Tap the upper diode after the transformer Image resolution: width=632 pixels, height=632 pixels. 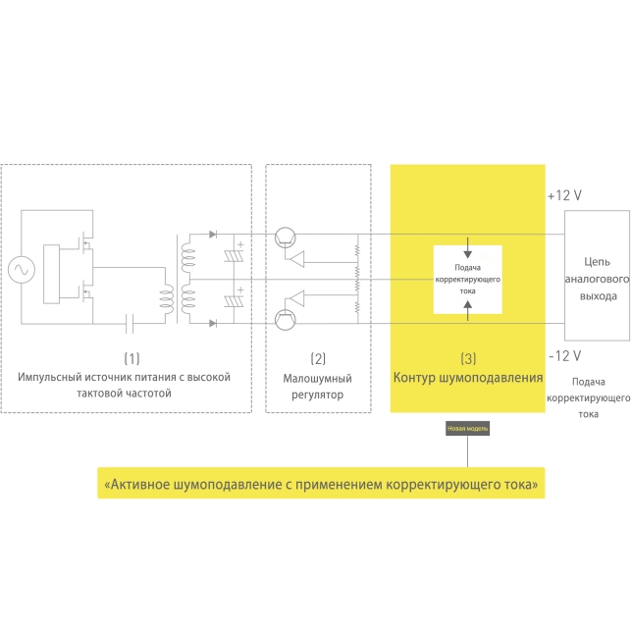(213, 236)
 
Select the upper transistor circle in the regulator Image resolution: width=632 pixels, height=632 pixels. (286, 237)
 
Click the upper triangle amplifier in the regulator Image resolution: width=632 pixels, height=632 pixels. (294, 259)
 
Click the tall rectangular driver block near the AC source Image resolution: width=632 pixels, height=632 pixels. (67, 268)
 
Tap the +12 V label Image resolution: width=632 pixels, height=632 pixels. (564, 195)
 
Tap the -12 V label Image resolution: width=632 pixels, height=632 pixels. (564, 355)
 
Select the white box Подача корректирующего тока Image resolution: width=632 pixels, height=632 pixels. (467, 279)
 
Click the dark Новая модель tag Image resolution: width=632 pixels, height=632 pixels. (467, 429)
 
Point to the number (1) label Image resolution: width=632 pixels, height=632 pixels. (132, 358)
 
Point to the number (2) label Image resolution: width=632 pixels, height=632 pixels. (318, 358)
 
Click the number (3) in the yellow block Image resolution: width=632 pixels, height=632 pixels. (467, 358)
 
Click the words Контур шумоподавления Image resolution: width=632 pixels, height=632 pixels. (467, 378)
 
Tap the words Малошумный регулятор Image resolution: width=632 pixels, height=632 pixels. (318, 386)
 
